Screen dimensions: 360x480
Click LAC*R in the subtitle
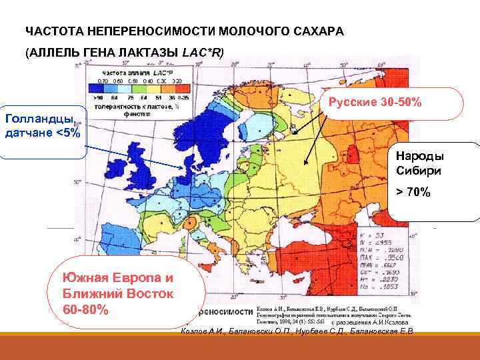[x=207, y=52]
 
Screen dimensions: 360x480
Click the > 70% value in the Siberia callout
[x=413, y=193]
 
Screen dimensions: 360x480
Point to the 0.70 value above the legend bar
[x=103, y=79]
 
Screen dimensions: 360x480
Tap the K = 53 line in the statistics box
[x=368, y=237]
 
